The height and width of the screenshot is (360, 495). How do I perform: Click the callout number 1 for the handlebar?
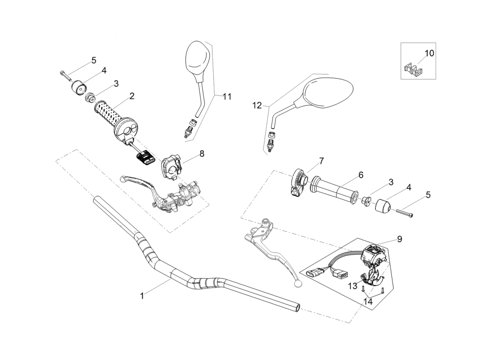tap(142, 296)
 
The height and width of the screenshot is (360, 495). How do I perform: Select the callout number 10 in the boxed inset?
tap(429, 53)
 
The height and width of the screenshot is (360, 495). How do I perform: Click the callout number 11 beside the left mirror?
tap(226, 96)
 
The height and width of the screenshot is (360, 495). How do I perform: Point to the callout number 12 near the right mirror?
tap(257, 105)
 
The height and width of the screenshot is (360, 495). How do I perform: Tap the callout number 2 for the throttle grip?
tap(132, 96)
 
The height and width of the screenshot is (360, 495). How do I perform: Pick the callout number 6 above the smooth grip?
tap(360, 175)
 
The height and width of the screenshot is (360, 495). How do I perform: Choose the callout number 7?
tap(321, 161)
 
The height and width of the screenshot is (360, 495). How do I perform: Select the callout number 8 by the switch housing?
tap(202, 153)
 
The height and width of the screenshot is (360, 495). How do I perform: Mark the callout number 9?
tap(399, 239)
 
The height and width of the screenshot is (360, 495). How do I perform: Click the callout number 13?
tap(352, 286)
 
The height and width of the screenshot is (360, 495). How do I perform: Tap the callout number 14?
tap(368, 302)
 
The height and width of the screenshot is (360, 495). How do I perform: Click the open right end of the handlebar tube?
tap(296, 306)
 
